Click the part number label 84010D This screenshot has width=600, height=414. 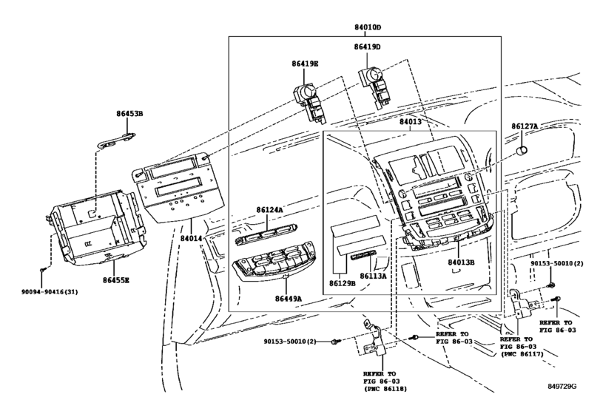click(368, 27)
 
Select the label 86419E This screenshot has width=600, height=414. click(305, 64)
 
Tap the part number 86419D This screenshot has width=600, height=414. click(367, 47)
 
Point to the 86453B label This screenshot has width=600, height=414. click(129, 114)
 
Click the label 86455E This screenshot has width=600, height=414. click(115, 280)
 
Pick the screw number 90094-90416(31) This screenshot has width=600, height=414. click(50, 292)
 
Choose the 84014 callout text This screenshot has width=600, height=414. click(191, 238)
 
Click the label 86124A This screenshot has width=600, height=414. click(269, 210)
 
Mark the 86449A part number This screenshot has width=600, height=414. click(288, 298)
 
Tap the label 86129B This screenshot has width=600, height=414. click(342, 283)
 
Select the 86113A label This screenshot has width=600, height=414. click(373, 275)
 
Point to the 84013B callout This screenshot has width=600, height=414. click(461, 262)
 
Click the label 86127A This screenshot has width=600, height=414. click(525, 126)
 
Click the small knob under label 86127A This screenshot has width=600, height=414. click(522, 151)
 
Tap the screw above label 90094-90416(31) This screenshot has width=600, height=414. click(42, 270)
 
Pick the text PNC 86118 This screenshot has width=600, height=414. click(385, 389)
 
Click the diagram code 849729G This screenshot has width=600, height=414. click(562, 386)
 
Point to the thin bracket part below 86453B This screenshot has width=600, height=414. click(116, 140)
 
